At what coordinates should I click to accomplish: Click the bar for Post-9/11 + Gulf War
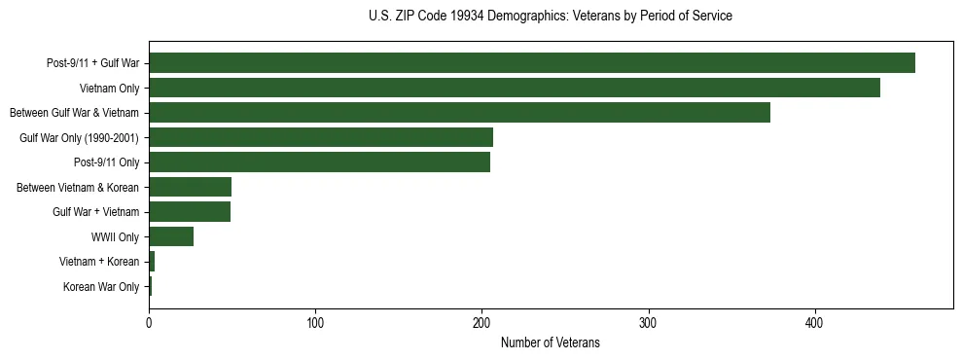pos(532,63)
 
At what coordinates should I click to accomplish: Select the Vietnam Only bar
pos(515,88)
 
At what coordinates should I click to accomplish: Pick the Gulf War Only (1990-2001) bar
pos(321,137)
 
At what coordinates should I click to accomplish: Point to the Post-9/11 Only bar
pos(320,162)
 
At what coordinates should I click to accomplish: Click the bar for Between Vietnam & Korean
pos(190,187)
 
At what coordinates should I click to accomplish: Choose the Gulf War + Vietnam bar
pos(190,212)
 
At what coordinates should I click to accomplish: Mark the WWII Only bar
pos(171,236)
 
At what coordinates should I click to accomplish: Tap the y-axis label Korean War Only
pos(101,286)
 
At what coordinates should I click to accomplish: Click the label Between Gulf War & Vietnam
pos(74,113)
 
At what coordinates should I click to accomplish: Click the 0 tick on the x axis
pos(149,323)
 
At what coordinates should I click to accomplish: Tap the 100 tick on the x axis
pos(315,323)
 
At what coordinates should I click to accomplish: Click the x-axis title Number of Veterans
pos(550,342)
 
